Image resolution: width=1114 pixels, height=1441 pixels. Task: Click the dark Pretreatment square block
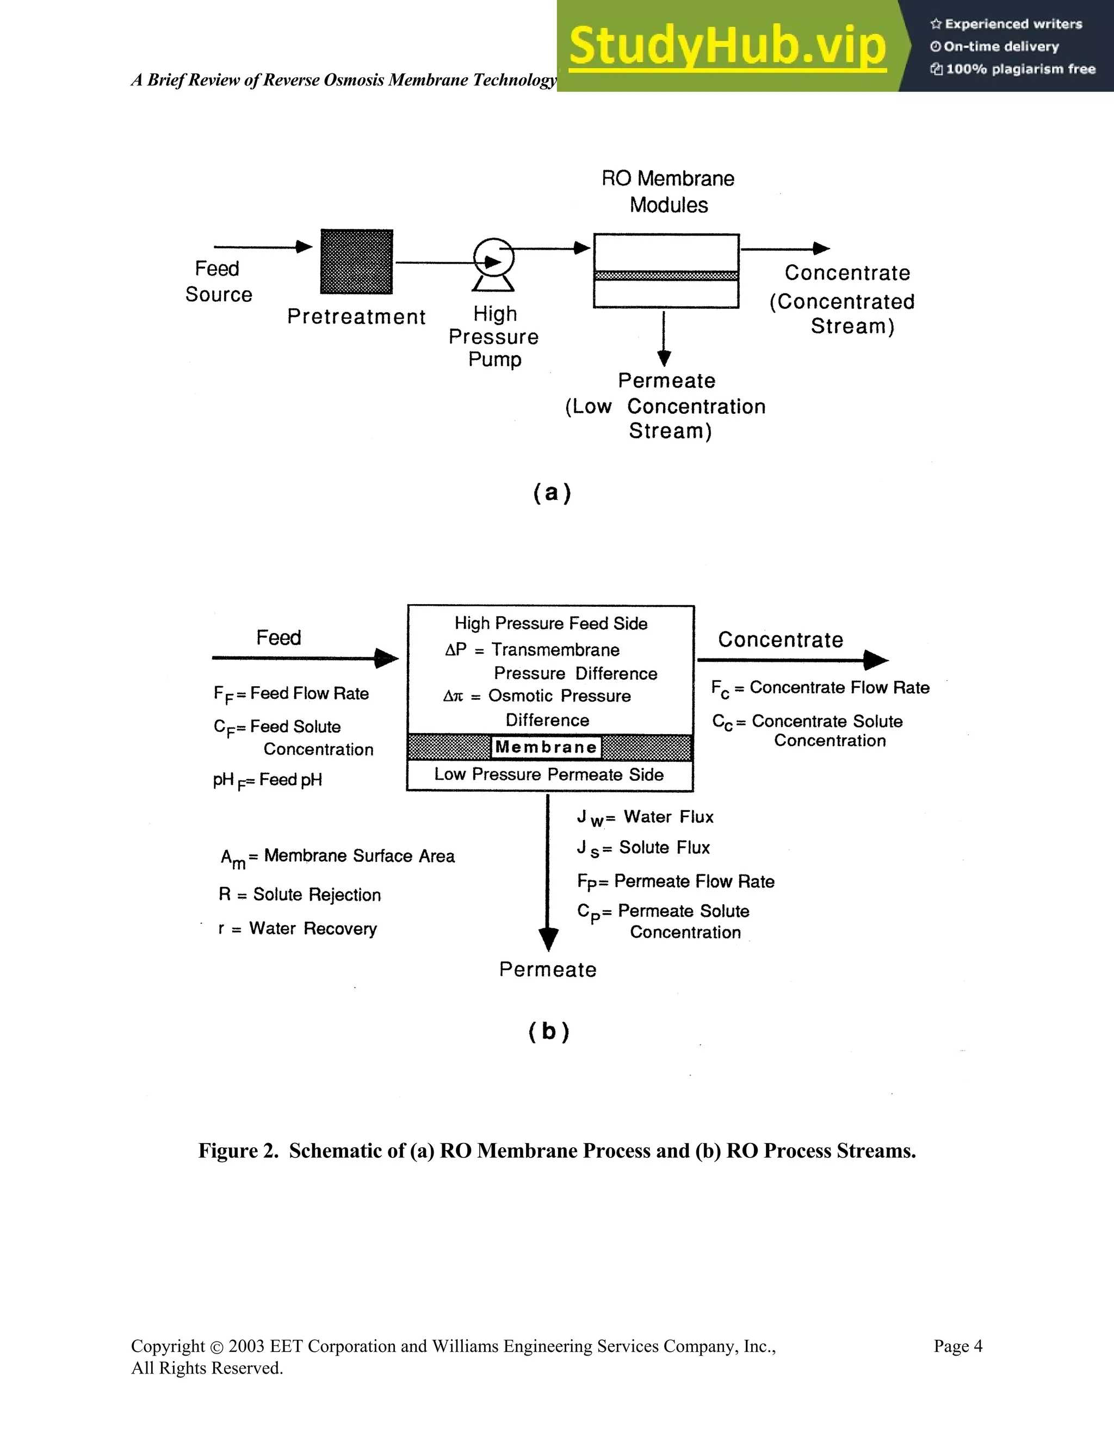pos(356,262)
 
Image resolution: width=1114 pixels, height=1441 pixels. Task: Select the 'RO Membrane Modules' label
pos(668,191)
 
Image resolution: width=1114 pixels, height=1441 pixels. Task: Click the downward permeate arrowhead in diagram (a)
pos(665,358)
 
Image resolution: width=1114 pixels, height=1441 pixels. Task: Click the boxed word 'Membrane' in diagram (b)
pos(547,747)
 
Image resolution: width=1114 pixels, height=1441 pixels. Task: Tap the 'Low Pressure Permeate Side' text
pos(548,774)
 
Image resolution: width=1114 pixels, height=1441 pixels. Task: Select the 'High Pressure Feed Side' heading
pos(550,624)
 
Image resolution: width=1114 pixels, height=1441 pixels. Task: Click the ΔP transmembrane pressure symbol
pos(455,650)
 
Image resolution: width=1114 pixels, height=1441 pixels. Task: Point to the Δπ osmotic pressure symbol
pos(454,696)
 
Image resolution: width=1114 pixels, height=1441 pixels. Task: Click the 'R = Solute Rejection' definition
pos(300,895)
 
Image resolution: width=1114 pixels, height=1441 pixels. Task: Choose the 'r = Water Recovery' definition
pos(297,929)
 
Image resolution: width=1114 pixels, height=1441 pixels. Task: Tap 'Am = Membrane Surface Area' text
pos(337,856)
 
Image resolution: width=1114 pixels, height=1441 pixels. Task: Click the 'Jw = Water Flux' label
pos(645,817)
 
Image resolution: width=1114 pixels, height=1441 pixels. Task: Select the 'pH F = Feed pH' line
pos(267,780)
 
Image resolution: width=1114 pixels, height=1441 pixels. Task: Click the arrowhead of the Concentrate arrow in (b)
pos(876,660)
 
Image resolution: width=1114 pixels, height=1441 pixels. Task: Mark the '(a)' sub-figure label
pos(552,493)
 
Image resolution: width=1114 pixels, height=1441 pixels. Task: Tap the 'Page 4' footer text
pos(957,1346)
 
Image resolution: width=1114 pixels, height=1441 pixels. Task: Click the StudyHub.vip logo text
pos(727,46)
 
